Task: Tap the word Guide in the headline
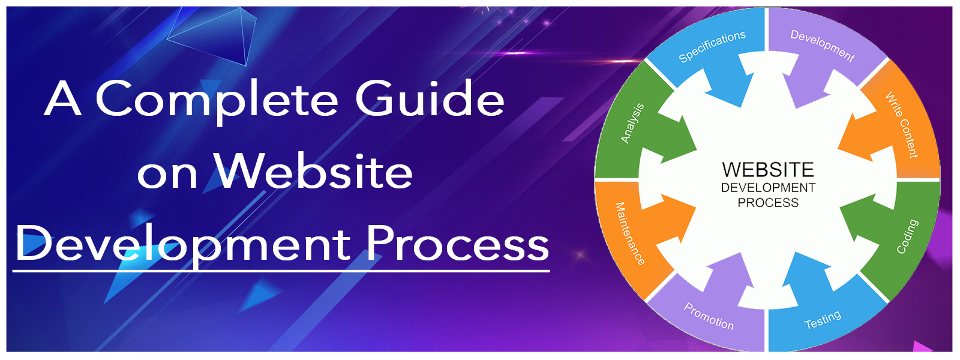(x=430, y=98)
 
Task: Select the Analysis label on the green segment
(x=632, y=123)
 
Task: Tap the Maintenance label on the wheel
(x=630, y=234)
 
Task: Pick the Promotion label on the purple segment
(x=709, y=316)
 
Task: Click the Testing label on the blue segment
(x=823, y=319)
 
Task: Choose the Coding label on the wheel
(x=907, y=236)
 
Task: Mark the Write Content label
(x=902, y=125)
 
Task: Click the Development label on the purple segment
(x=823, y=46)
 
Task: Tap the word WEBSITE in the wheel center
(x=768, y=170)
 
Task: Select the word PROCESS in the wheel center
(x=768, y=203)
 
